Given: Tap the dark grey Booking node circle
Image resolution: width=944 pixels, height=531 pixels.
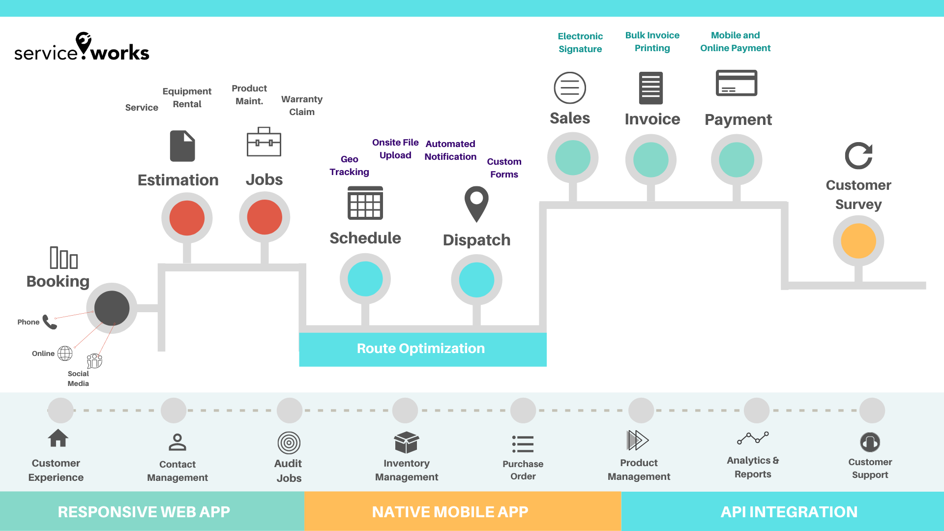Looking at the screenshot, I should tap(112, 308).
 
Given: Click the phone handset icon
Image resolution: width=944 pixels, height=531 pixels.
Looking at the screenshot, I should tap(50, 322).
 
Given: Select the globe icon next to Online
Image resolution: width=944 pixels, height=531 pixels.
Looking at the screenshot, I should tap(65, 353).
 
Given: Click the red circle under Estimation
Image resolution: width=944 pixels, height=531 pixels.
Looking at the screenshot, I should tap(187, 218).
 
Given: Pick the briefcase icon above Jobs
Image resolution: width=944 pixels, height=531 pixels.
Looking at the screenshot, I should tap(264, 142).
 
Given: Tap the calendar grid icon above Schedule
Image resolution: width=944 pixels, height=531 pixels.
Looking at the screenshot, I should tap(365, 203).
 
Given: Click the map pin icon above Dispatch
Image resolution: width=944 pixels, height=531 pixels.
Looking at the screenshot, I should tap(476, 203).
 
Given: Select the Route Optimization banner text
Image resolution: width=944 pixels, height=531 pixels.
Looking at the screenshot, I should tap(421, 349).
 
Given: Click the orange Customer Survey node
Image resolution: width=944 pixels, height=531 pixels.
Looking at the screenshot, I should tap(858, 241).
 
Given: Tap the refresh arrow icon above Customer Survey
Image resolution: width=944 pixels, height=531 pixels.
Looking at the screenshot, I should tap(858, 156).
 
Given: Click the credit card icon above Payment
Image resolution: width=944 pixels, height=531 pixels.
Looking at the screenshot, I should tap(737, 83).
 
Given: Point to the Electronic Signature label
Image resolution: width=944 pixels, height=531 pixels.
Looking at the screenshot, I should tap(580, 43).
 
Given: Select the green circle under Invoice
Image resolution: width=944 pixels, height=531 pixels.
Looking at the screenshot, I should tap(651, 160).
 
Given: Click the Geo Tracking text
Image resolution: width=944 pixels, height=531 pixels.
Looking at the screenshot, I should tap(349, 166).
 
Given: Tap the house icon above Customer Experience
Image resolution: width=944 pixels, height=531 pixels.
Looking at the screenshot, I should tap(58, 438).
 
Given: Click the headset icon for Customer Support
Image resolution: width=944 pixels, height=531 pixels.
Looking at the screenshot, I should tap(870, 442).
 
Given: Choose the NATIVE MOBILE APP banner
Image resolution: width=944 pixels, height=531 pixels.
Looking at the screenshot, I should tap(450, 512).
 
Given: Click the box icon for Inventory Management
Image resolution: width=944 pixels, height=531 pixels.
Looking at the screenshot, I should tap(406, 442).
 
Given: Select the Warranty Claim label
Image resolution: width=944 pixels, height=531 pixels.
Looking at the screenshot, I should tap(301, 106).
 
